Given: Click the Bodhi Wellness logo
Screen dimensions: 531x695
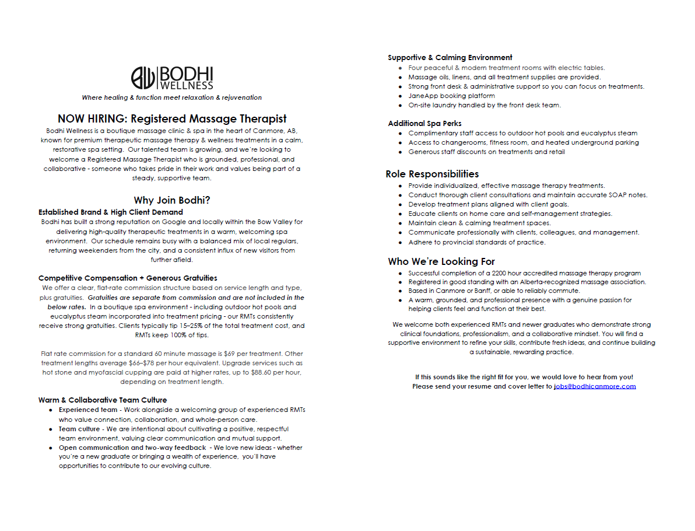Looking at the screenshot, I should (171, 78).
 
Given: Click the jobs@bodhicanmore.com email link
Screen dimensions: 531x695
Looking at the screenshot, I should (595, 386).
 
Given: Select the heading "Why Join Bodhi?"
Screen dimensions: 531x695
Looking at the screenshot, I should (172, 200).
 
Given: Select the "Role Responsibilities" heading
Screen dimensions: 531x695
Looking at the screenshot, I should (432, 174).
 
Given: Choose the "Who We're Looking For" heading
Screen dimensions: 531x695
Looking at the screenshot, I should (441, 261).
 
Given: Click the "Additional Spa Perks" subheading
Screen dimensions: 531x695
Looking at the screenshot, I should (424, 124).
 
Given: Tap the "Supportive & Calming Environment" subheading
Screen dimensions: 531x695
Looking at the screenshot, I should (450, 58).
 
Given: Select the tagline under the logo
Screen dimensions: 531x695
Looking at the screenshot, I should (171, 97).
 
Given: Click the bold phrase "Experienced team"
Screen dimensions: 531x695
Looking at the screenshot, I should (88, 410).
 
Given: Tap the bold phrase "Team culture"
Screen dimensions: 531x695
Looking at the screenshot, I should (79, 429).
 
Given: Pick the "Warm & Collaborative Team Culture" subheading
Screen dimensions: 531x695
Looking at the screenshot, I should (103, 400).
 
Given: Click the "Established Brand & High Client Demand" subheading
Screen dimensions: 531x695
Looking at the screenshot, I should (111, 212).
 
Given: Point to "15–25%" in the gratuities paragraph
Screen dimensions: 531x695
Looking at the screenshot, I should (159, 326).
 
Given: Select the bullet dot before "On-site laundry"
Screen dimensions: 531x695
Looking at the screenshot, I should (400, 106).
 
